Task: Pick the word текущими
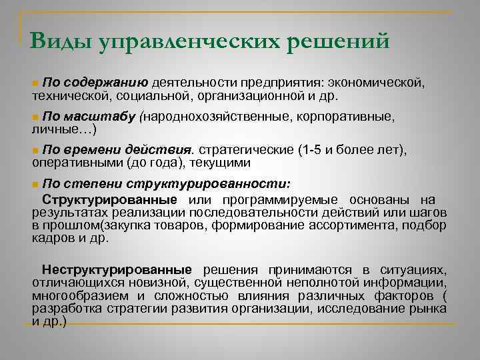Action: tap(220, 161)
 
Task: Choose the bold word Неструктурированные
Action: tap(116, 269)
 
